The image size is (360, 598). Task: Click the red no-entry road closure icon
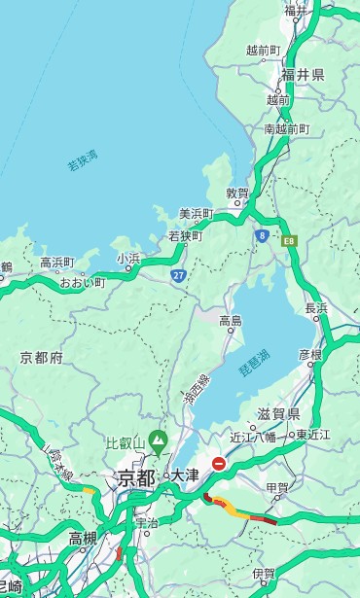pyautogui.click(x=219, y=465)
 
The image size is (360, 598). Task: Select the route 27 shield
pyautogui.click(x=178, y=276)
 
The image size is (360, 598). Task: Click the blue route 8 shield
pyautogui.click(x=262, y=235)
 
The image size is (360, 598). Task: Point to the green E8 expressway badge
pyautogui.click(x=288, y=240)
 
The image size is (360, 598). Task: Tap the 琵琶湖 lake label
pyautogui.click(x=255, y=366)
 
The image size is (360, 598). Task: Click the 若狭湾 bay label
pyautogui.click(x=83, y=160)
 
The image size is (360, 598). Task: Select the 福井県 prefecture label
pyautogui.click(x=303, y=75)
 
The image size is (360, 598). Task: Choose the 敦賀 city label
pyautogui.click(x=237, y=193)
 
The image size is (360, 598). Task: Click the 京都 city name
pyautogui.click(x=136, y=477)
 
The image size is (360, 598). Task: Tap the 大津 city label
pyautogui.click(x=185, y=475)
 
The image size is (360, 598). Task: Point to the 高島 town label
pyautogui.click(x=231, y=321)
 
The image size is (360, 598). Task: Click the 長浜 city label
pyautogui.click(x=316, y=308)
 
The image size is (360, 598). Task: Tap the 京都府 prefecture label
pyautogui.click(x=42, y=358)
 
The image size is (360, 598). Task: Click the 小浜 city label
pyautogui.click(x=128, y=258)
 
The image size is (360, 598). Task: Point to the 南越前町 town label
pyautogui.click(x=286, y=128)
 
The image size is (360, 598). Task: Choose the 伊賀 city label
pyautogui.click(x=264, y=574)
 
